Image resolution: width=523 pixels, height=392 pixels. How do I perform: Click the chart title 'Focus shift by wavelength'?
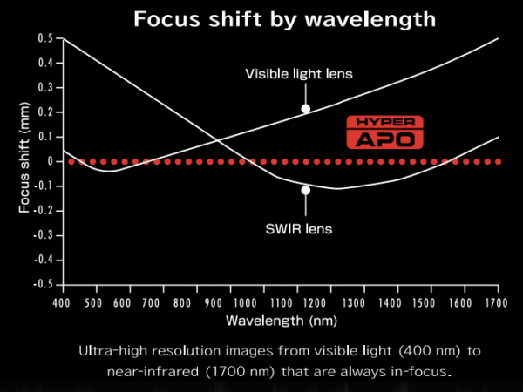coord(283,19)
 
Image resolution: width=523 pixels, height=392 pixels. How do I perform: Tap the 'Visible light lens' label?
coord(298,74)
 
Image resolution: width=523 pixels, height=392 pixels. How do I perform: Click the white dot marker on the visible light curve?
coord(306,109)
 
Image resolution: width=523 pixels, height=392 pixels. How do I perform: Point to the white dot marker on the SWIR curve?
coord(306,190)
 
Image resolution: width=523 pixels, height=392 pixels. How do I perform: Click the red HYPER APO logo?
coord(384,132)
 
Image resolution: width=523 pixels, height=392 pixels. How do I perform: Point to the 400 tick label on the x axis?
coord(61,302)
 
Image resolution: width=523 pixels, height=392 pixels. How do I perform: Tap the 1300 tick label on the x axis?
coord(352,302)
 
